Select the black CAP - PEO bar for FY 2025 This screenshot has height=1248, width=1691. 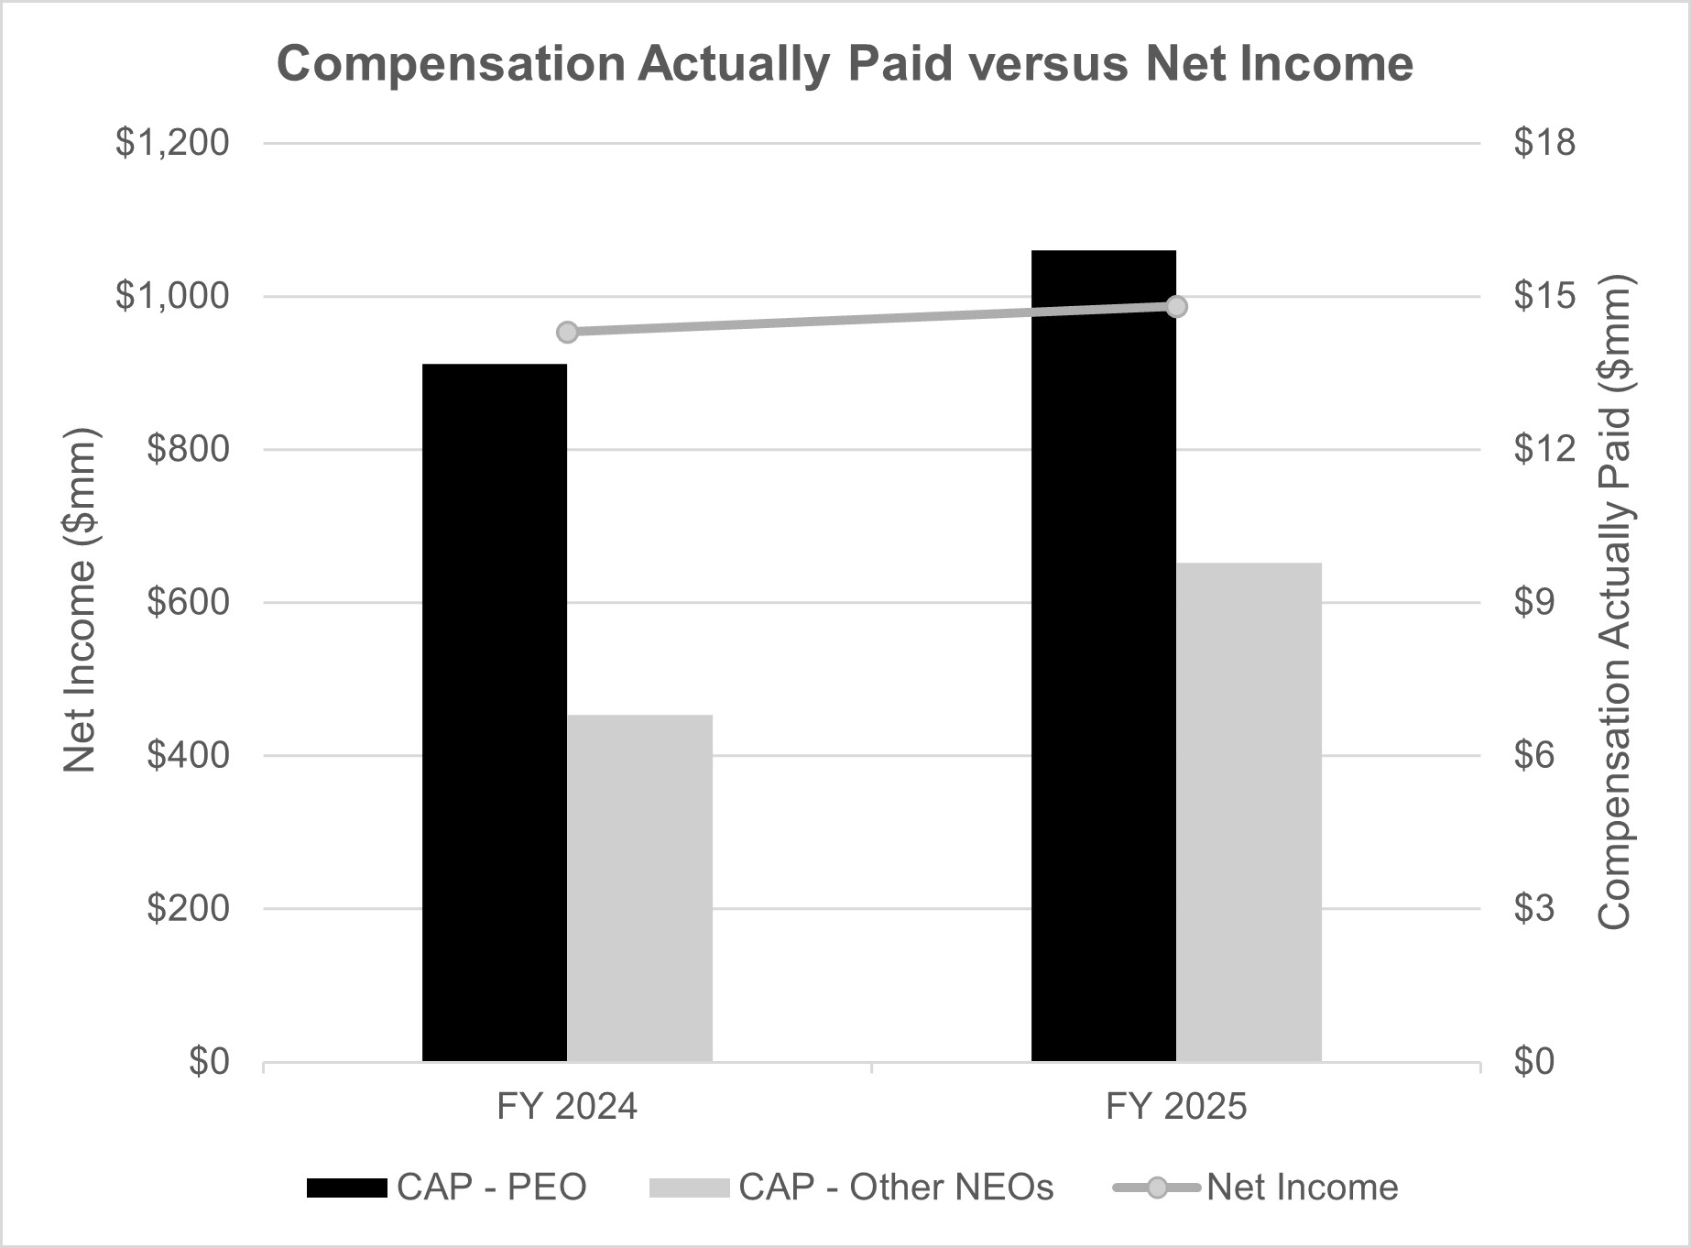(x=1104, y=655)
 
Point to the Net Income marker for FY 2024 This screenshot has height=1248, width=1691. (x=567, y=332)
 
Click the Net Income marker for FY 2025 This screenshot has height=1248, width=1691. (x=1177, y=306)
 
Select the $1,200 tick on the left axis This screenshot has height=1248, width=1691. (x=172, y=143)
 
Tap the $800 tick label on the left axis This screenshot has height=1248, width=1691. (x=188, y=449)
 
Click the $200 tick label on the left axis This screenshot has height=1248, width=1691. (x=188, y=908)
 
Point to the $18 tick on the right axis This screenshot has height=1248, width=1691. (x=1544, y=143)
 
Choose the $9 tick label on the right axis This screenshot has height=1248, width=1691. (x=1534, y=602)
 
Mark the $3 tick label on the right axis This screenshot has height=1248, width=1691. (x=1534, y=908)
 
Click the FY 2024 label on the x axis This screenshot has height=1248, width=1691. (x=567, y=1107)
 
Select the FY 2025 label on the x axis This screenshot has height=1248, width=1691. (x=1176, y=1107)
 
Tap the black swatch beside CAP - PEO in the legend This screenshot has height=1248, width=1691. (x=346, y=1188)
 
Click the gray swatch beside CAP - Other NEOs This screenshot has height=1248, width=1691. (x=689, y=1188)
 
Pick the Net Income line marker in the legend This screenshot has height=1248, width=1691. (x=1157, y=1188)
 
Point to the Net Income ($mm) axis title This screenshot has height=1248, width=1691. (x=81, y=601)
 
